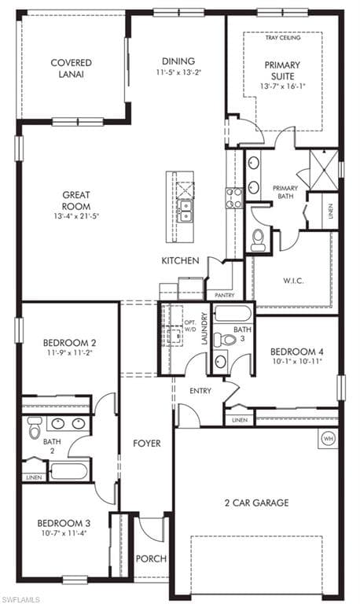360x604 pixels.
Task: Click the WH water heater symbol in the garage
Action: pos(328,438)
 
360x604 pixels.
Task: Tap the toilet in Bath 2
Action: pos(34,428)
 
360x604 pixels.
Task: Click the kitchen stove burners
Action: pos(234,197)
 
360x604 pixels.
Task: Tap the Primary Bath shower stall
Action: pos(324,170)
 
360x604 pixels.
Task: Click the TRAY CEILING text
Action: pos(283,38)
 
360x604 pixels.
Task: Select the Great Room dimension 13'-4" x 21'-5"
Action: pos(76,216)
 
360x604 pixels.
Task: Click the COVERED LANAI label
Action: pos(72,68)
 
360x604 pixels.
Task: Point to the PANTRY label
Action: pos(225,296)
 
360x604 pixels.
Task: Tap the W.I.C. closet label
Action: pos(293,281)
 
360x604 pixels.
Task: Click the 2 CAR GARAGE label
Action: pos(257,503)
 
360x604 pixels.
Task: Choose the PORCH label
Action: pos(151,558)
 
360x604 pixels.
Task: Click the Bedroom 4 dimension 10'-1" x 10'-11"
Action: pos(296,361)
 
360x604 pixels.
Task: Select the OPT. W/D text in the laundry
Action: pos(189,325)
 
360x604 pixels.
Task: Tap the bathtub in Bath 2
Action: pos(69,471)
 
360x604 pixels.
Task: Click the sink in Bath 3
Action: pos(220,362)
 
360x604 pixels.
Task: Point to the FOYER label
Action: pos(147,444)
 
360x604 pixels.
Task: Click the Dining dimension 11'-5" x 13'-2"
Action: pos(179,72)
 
